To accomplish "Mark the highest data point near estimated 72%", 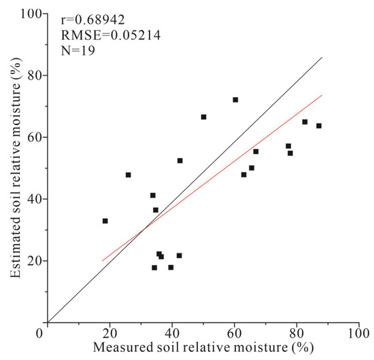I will pyautogui.click(x=235, y=100).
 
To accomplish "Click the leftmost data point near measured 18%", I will pyautogui.click(x=105, y=221).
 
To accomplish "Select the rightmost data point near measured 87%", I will pyautogui.click(x=318, y=126).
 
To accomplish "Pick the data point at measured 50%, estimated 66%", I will pyautogui.click(x=203, y=117).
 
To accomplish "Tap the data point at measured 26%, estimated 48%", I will pyautogui.click(x=128, y=175).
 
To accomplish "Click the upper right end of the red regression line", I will pyautogui.click(x=322, y=95).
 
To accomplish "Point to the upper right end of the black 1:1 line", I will pyautogui.click(x=322, y=58).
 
